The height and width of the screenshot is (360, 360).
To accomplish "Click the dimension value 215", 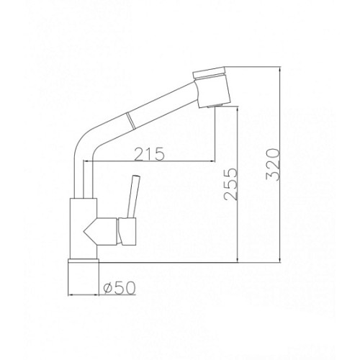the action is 150,154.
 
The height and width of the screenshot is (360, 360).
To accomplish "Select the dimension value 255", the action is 230,184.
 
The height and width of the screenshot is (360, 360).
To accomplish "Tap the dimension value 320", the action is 273,164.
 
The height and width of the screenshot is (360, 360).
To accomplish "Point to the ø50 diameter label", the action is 120,287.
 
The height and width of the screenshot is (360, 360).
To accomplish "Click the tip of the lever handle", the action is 135,176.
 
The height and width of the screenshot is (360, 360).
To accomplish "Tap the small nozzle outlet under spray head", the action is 215,105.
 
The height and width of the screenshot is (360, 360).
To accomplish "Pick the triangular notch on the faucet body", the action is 90,231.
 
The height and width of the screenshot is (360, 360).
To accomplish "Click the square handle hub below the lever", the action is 127,231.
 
